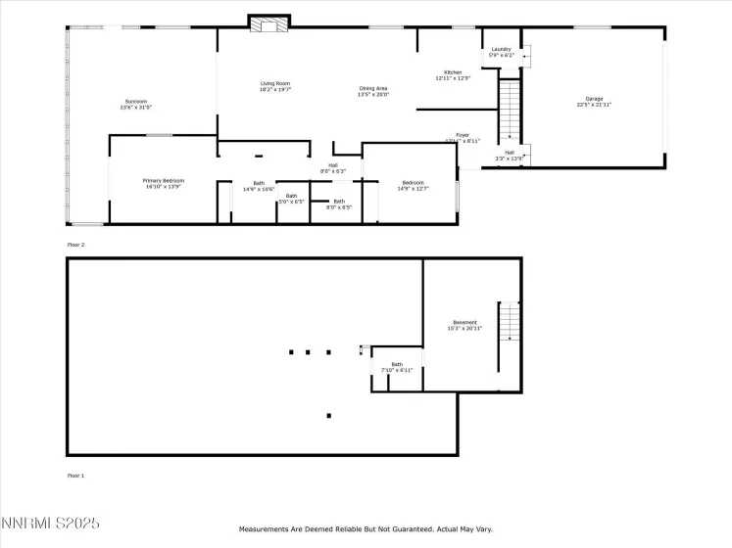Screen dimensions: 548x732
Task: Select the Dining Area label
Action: point(373,91)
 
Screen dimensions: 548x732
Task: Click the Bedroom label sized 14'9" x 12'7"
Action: point(413,183)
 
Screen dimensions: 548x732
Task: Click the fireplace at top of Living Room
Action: point(269,23)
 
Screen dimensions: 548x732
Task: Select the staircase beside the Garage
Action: point(510,111)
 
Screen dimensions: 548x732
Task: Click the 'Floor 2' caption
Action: point(75,244)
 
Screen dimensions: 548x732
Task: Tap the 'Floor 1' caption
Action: point(75,476)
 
